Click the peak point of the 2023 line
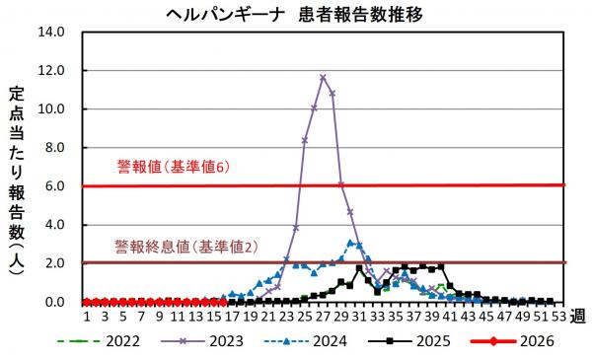point(323,77)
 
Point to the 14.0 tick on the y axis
point(51,32)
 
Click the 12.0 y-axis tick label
point(51,71)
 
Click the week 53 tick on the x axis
point(559,317)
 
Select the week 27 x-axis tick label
point(323,317)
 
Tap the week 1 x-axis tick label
point(87,317)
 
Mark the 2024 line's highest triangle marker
point(350,242)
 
